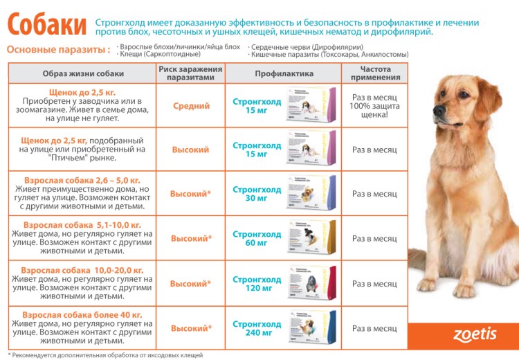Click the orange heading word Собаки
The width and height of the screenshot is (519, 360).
(x=46, y=23)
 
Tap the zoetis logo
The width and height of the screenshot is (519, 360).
(x=475, y=334)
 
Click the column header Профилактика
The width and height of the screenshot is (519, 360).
(x=284, y=73)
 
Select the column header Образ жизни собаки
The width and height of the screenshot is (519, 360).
(x=83, y=73)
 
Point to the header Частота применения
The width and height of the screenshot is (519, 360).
(x=374, y=73)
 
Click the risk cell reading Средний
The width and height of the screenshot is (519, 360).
(x=191, y=106)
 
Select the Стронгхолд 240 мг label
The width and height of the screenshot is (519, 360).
(x=256, y=328)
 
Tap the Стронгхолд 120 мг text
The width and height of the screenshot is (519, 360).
(x=256, y=283)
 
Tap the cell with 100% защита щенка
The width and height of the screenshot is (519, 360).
(x=374, y=106)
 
